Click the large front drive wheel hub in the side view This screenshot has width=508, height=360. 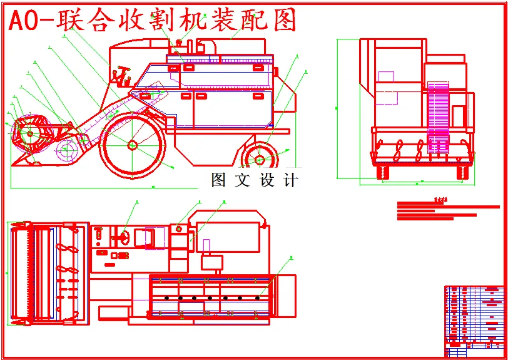[133, 145]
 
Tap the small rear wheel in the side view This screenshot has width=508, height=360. [259, 157]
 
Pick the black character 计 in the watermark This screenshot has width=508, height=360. [290, 180]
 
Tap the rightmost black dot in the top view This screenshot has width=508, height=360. [258, 298]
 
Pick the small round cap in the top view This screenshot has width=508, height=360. [180, 229]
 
